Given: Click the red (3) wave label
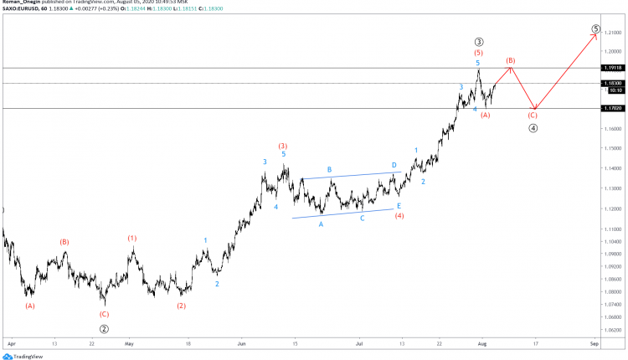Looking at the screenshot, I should (x=283, y=146).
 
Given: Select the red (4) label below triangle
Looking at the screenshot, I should (x=399, y=215).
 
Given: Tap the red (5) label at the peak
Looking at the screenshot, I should (x=478, y=53).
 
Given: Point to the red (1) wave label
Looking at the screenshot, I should (x=132, y=239).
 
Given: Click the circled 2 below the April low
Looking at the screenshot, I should (x=104, y=329).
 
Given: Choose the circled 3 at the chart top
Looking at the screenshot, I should (x=478, y=41).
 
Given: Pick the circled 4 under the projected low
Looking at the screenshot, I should (x=533, y=128).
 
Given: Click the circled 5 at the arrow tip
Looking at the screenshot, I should (x=595, y=28).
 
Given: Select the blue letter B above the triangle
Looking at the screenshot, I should (x=329, y=170).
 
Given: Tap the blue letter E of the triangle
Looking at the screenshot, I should (x=399, y=205).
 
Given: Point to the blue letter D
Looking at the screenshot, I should (x=394, y=165).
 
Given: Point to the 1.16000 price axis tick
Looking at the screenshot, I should (x=614, y=129).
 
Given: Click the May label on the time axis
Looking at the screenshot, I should (x=129, y=343).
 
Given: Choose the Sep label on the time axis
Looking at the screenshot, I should (x=593, y=343).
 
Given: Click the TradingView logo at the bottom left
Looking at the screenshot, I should (x=23, y=355).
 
